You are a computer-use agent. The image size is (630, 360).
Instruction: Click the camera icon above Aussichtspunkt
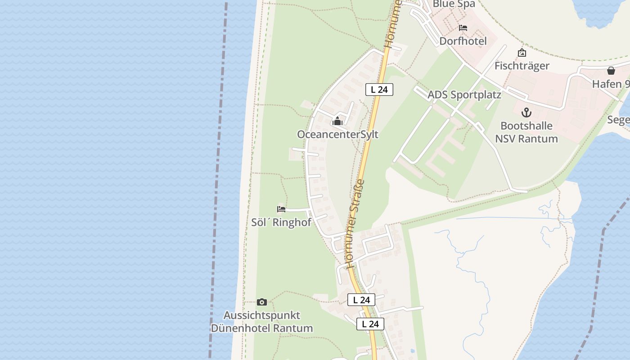[x=261, y=302]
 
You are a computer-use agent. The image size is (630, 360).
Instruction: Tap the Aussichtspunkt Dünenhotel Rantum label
[x=262, y=322]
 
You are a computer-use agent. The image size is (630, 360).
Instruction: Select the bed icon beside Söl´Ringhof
[x=281, y=209]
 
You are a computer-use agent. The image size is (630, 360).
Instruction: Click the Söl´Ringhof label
[x=281, y=222]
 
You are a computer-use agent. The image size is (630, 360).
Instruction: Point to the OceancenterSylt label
[x=337, y=135]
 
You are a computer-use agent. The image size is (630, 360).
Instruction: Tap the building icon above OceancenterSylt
[x=337, y=121]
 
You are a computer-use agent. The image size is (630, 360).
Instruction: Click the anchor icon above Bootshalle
[x=526, y=112]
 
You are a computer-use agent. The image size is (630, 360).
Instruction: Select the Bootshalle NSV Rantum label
[x=526, y=132]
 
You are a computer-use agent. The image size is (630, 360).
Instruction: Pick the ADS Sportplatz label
[x=464, y=95]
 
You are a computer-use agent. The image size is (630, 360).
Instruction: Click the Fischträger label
[x=522, y=66]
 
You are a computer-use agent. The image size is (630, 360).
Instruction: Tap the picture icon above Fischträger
[x=522, y=53]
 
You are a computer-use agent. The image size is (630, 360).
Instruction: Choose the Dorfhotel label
[x=463, y=41]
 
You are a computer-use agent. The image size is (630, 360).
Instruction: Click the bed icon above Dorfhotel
[x=463, y=28]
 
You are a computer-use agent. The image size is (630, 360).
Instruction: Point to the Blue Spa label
[x=454, y=4]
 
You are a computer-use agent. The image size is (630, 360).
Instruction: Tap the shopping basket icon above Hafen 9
[x=611, y=71]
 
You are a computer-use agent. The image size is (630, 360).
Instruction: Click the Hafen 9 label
[x=611, y=84]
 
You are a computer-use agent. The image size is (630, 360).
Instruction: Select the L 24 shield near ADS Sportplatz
[x=379, y=90]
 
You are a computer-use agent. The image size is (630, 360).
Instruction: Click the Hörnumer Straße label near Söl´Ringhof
[x=354, y=223]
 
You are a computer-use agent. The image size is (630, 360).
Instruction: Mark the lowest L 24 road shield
[x=370, y=324]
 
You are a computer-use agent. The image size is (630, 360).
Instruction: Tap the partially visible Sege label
[x=618, y=120]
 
